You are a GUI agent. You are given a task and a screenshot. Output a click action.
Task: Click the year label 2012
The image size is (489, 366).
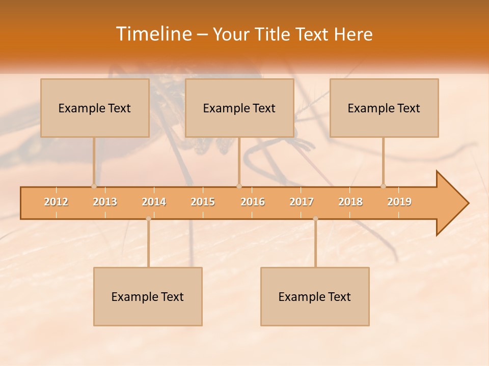[x=56, y=202]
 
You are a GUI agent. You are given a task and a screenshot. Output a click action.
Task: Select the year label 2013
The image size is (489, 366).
[x=105, y=202]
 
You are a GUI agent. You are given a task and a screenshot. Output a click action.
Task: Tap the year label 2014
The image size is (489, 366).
[x=154, y=202]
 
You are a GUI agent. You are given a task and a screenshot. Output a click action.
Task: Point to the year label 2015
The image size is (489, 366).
[x=203, y=202]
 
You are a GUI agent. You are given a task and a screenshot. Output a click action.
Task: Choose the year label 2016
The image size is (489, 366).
[x=253, y=202]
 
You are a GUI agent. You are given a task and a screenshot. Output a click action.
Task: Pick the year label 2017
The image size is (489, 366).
[x=302, y=202]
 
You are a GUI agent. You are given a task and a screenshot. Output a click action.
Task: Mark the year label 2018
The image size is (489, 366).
[x=350, y=202]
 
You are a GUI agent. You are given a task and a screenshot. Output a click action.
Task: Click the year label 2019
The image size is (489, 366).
[x=399, y=202]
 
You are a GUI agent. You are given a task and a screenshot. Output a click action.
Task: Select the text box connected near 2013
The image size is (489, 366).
[x=95, y=108]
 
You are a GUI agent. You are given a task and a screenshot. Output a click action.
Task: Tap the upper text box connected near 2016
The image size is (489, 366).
[x=239, y=108]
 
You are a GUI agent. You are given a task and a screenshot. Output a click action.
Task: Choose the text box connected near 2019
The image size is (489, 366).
[x=384, y=108]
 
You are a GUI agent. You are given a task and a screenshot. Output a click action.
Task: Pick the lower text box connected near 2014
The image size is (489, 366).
[x=148, y=296]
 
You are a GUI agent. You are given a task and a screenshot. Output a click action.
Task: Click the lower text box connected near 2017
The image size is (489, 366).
[x=315, y=296]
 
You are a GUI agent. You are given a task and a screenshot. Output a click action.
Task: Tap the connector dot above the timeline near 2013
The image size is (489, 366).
[x=94, y=186]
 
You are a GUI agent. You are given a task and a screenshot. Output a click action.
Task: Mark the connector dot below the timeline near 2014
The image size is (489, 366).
[x=148, y=219]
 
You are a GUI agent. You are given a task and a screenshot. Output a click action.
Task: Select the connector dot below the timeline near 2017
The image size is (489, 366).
[x=315, y=219]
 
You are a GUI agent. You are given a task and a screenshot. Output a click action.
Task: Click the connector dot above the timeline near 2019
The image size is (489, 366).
[x=383, y=186]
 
